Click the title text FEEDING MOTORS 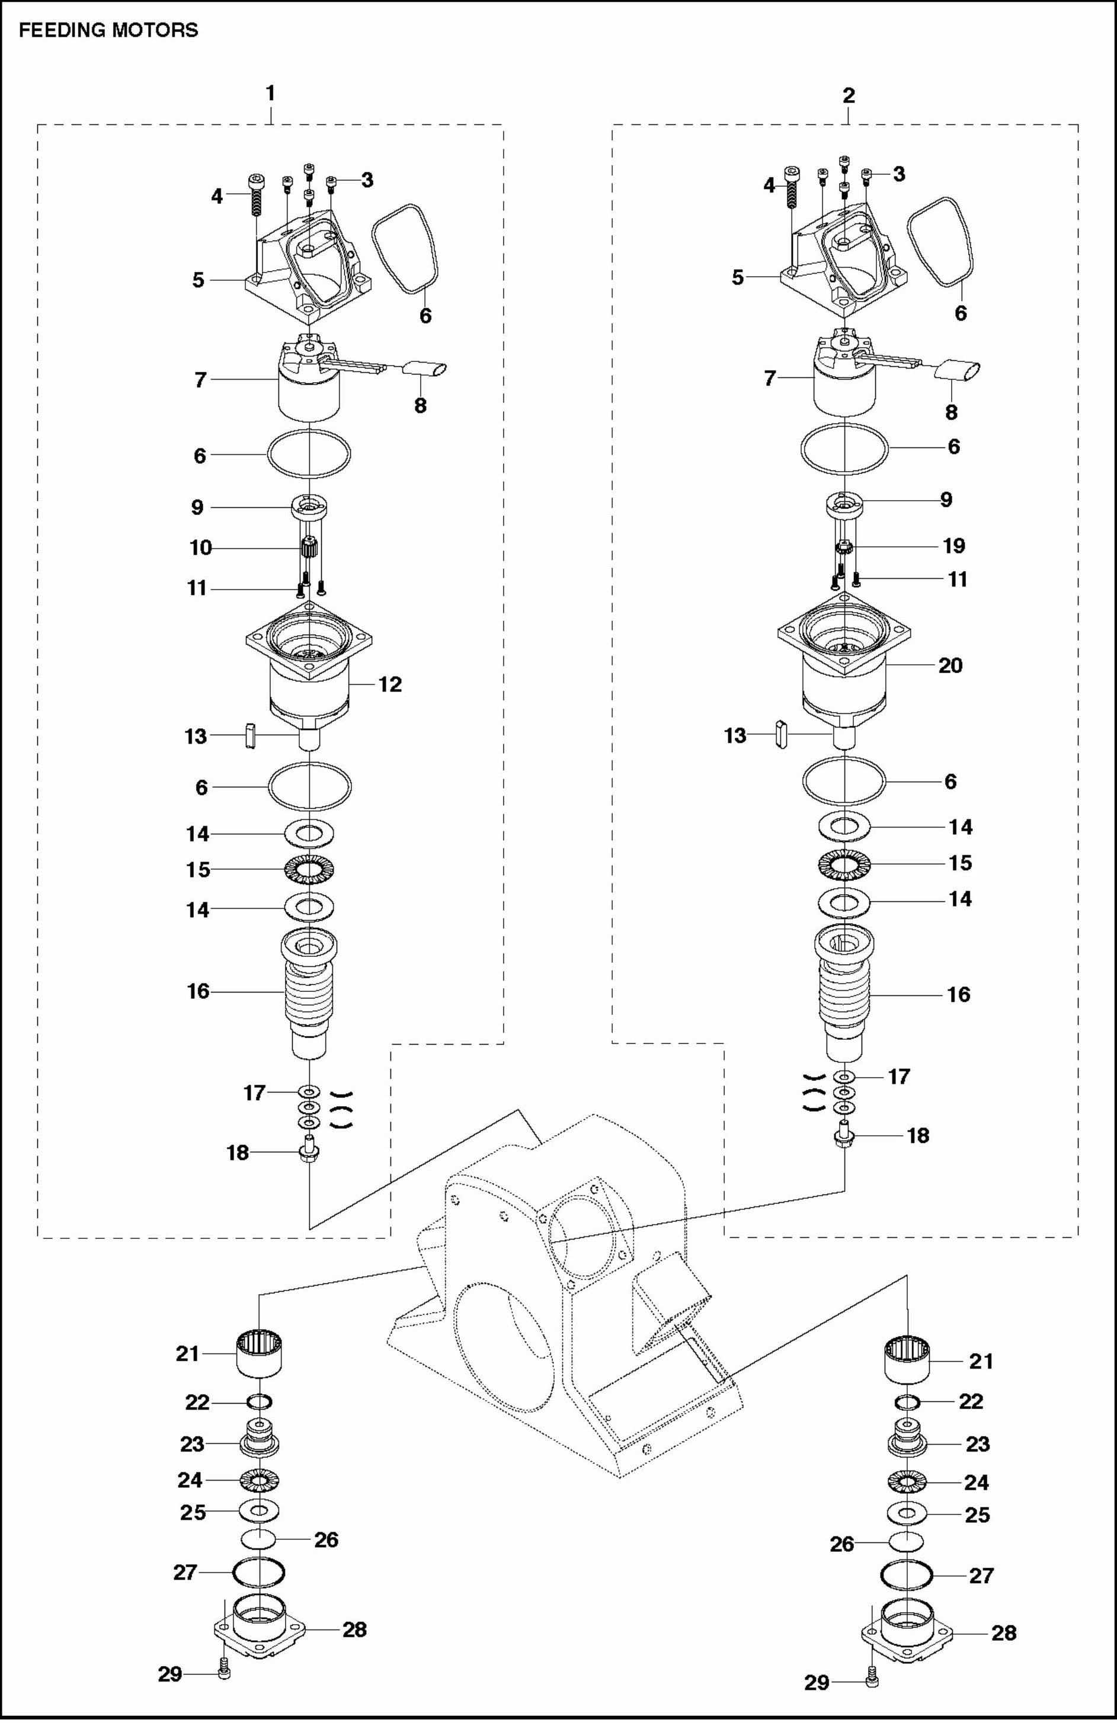click(x=108, y=30)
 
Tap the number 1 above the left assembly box click(x=270, y=94)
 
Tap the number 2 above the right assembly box click(x=849, y=95)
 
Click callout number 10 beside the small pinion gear click(x=200, y=548)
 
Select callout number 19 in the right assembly click(x=953, y=546)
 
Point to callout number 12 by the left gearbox click(x=389, y=684)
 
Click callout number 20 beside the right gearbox click(x=950, y=665)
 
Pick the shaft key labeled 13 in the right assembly click(x=780, y=734)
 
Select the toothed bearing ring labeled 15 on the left click(x=309, y=869)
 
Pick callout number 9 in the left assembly click(x=197, y=508)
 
